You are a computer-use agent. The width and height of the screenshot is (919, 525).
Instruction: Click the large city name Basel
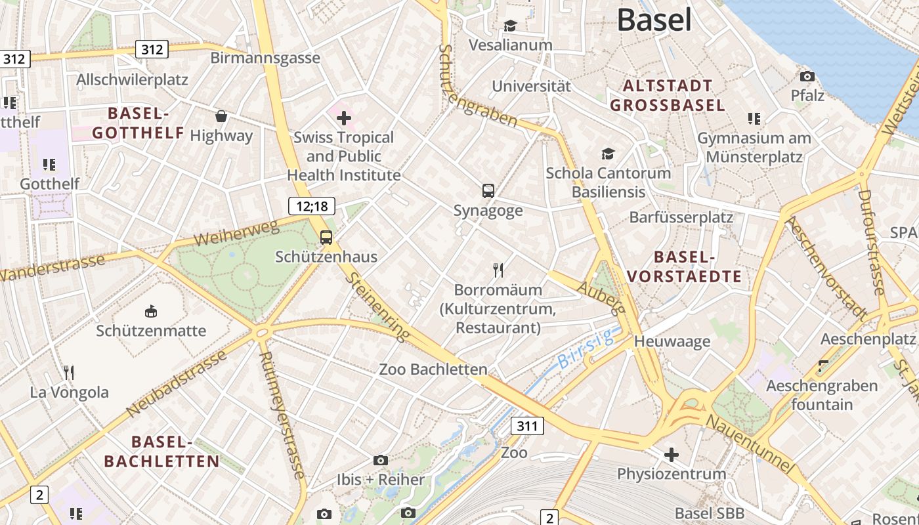pos(654,20)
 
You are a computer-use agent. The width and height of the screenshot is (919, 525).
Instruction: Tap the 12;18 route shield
pos(312,206)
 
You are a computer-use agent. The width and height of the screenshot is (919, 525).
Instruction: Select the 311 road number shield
pos(527,426)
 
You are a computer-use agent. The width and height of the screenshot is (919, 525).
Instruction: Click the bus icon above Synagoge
pos(488,191)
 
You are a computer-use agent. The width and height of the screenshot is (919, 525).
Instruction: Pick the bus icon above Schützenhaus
pos(326,238)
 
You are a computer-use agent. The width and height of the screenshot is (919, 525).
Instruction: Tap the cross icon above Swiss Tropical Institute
pos(344,118)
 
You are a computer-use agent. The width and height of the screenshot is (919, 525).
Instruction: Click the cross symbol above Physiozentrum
pos(672,454)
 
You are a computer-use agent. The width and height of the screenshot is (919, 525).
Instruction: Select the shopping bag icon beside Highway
pos(222,116)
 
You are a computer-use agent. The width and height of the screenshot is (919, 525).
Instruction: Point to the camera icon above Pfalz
pos(807,76)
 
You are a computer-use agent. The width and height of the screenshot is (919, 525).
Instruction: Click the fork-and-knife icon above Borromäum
pos(498,270)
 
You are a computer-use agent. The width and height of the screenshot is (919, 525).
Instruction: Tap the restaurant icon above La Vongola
pos(69,373)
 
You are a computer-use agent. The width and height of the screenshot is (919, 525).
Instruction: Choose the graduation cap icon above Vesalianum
pos(510,26)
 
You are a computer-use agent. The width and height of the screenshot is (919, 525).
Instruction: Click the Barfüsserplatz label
pos(681,217)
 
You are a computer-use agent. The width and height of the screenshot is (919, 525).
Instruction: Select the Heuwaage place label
pos(672,341)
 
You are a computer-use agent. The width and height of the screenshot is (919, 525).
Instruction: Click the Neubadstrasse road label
pos(177,383)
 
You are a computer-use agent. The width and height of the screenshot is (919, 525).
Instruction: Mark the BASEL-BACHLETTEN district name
pos(161,451)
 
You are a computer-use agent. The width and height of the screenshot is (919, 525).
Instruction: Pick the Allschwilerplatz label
pos(133,80)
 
